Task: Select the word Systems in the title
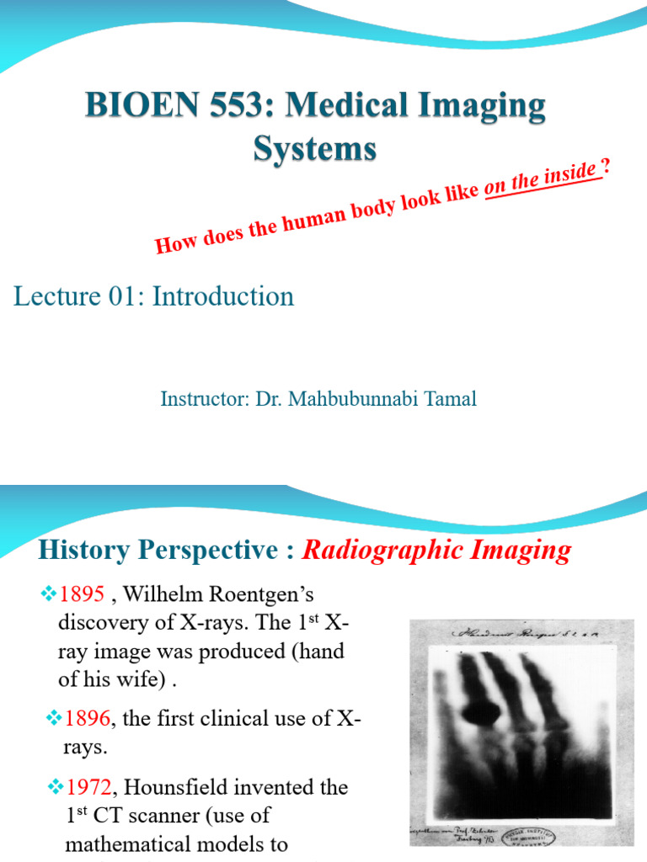pyautogui.click(x=315, y=150)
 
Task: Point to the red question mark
pyautogui.click(x=605, y=166)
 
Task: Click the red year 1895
pyautogui.click(x=81, y=595)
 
